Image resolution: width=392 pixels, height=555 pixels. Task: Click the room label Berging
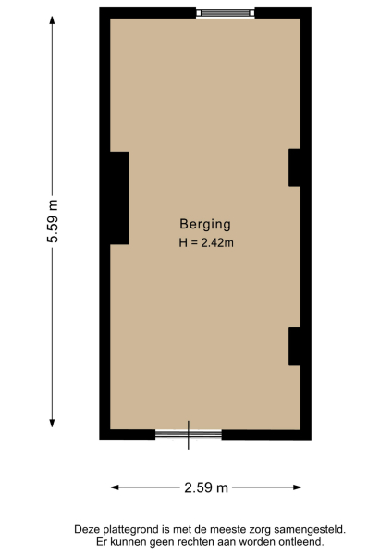point(204,224)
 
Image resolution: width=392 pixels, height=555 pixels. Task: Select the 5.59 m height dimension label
point(53,221)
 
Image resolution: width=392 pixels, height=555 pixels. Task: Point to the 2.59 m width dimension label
point(206,487)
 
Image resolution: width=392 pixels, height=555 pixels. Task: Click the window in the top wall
point(226,13)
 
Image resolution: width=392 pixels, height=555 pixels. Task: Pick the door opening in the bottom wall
point(189,434)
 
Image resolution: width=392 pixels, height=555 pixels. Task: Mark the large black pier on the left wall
point(119,197)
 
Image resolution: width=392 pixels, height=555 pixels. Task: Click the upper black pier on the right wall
point(295,167)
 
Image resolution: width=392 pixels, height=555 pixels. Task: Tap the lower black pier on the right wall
point(295,346)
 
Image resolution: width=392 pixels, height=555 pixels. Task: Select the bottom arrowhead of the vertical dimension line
point(52,426)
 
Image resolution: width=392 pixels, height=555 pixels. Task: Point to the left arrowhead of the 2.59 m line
point(115,487)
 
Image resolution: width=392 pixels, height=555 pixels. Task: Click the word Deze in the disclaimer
point(86,529)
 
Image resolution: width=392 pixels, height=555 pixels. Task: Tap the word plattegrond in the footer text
point(129,529)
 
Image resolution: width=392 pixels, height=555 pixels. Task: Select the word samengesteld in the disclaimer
point(312,529)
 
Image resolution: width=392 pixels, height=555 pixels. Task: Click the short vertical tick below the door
point(189,443)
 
